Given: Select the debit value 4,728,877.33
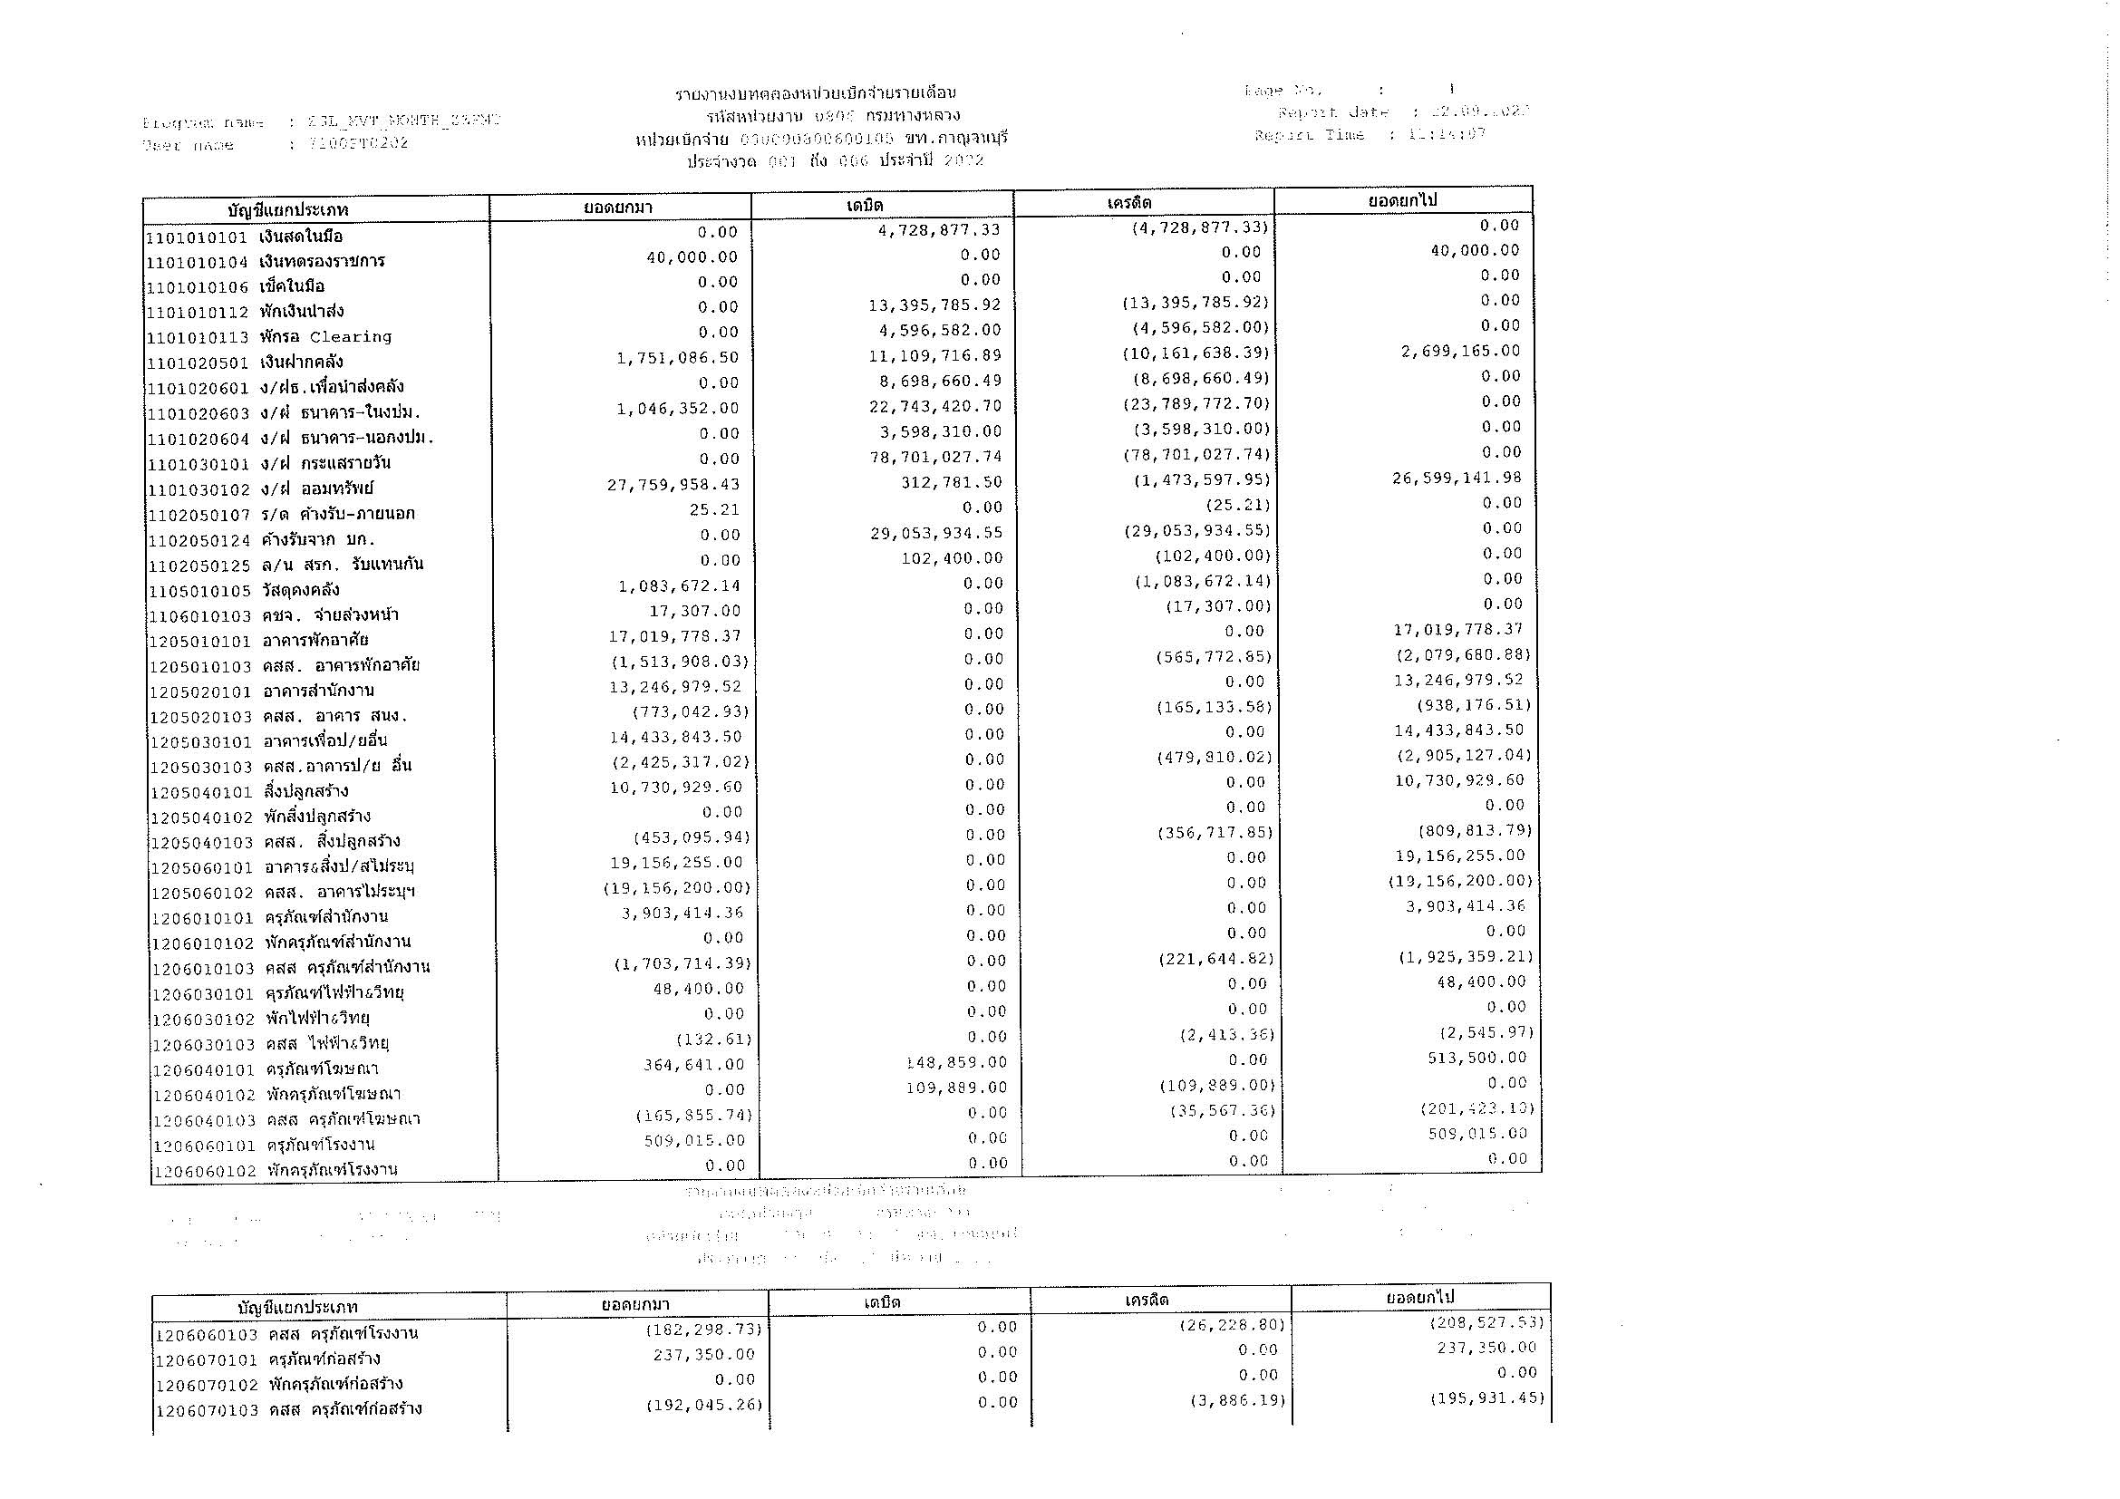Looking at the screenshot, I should click(940, 230).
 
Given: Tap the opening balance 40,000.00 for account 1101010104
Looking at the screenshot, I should click(692, 256).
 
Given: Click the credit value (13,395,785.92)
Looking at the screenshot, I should click(1196, 303).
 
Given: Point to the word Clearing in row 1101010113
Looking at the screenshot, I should click(350, 337).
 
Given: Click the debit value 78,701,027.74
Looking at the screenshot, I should click(935, 457).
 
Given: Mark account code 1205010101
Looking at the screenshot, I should click(200, 641).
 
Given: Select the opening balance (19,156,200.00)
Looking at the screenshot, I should click(677, 888).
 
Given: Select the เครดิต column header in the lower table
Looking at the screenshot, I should click(1147, 1300).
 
